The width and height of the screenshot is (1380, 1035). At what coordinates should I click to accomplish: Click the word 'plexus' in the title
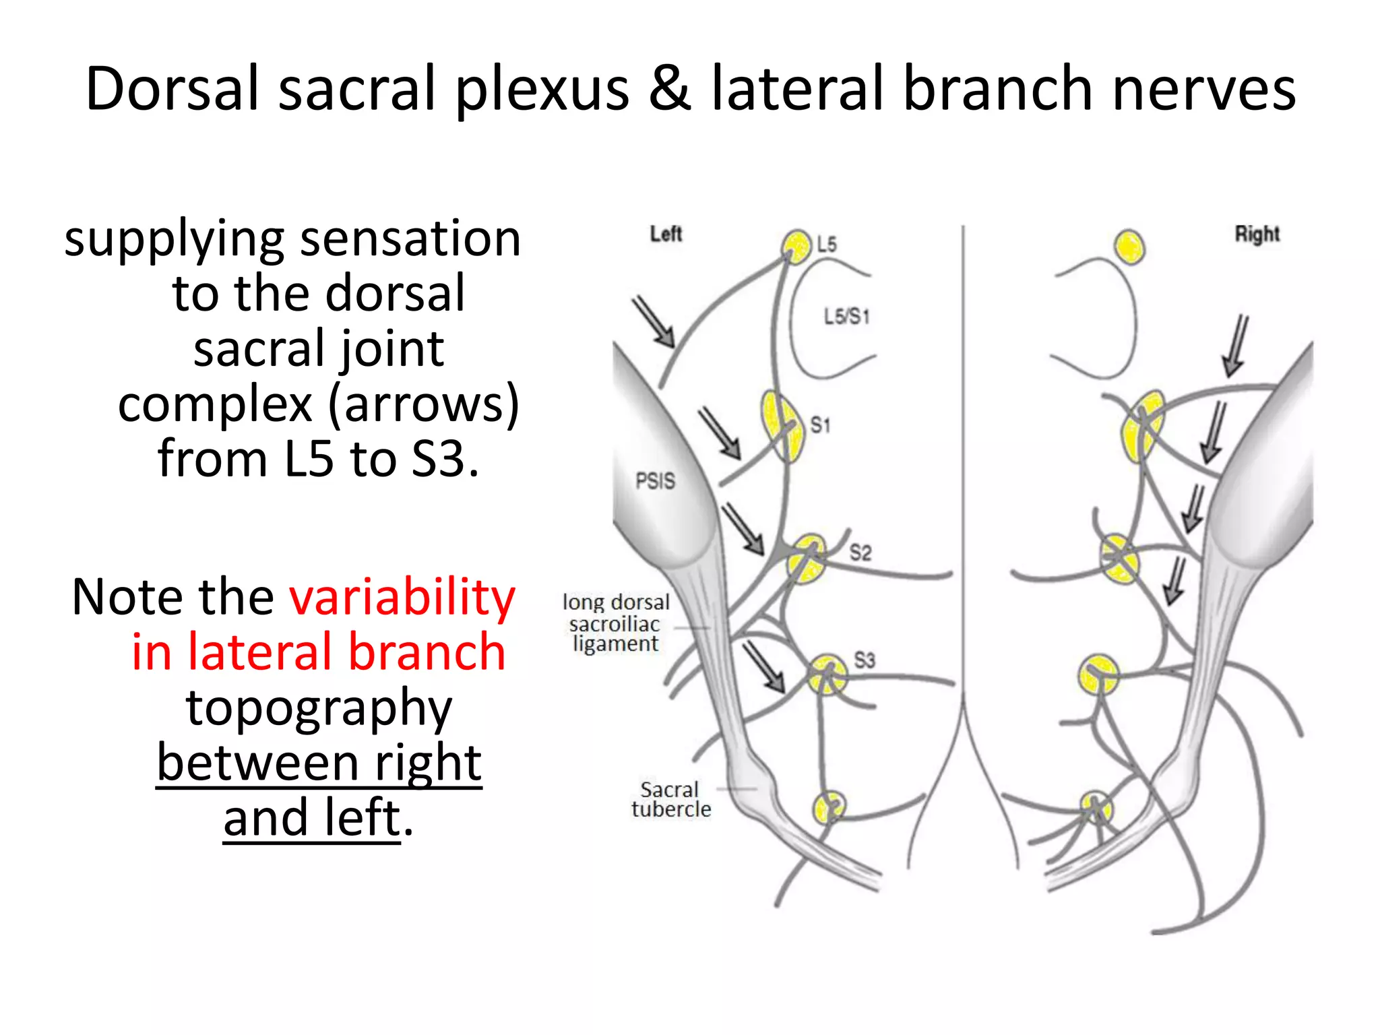point(542,90)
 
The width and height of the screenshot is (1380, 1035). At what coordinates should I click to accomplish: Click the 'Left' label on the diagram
point(666,234)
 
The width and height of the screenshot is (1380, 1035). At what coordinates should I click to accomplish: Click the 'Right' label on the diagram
point(1257,234)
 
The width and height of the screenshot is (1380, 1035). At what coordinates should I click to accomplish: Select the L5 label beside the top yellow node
point(826,245)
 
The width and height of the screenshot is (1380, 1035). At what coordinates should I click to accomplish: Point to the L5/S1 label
point(847,316)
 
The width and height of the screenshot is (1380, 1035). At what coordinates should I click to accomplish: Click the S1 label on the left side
point(820,425)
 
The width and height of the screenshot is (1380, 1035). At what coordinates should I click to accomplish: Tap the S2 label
point(860,553)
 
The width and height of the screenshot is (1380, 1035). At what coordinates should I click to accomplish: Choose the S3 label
point(865,660)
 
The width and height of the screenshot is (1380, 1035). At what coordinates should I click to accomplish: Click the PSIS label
point(655,481)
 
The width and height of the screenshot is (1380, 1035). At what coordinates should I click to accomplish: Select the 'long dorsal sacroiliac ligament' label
point(616,623)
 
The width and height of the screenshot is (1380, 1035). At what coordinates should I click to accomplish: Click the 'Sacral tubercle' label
point(670,799)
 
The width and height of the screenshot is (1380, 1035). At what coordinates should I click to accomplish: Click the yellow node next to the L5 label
point(797,247)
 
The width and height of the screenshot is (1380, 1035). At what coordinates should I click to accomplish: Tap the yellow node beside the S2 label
point(808,559)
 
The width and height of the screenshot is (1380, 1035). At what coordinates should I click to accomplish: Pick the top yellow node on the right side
point(1129,247)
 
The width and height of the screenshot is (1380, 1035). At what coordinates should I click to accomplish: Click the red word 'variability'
point(402,597)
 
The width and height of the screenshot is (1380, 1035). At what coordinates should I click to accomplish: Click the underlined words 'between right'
point(319,763)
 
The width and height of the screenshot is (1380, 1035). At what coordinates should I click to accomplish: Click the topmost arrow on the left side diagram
point(654,322)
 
